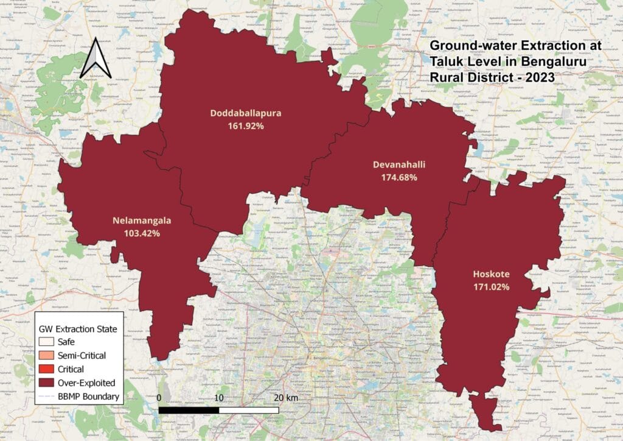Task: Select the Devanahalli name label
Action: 399,164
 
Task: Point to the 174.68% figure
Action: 399,177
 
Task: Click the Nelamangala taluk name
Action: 142,220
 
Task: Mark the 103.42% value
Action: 142,233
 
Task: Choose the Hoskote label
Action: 491,274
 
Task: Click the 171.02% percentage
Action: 491,286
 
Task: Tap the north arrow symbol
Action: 96,58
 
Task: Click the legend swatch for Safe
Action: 46,342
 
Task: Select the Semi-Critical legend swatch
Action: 46,356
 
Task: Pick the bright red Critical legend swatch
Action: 46,369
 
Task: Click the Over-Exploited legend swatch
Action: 46,383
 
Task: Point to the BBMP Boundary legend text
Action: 88,397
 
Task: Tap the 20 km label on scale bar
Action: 285,398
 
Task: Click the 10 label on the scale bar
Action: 219,398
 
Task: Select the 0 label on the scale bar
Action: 159,398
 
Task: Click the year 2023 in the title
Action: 541,77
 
